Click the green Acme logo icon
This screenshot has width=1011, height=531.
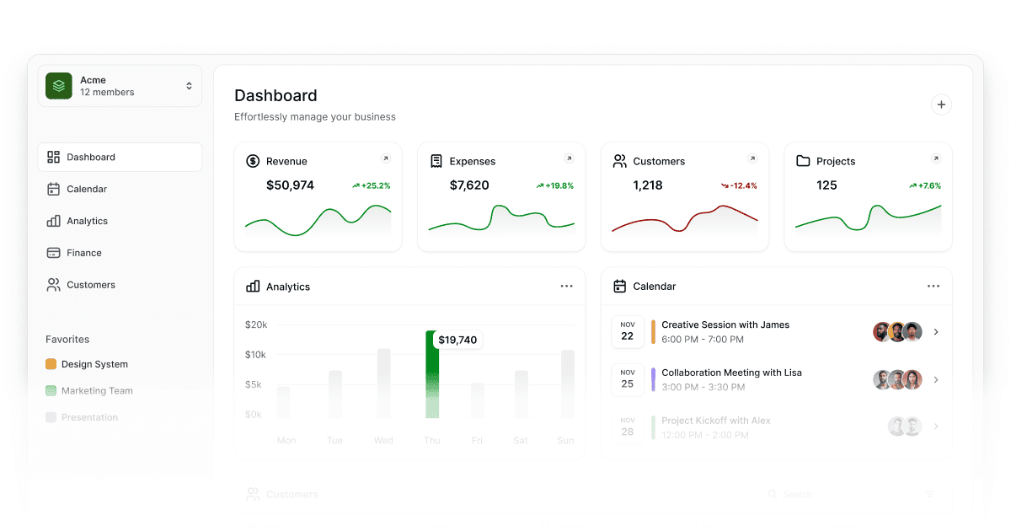click(59, 86)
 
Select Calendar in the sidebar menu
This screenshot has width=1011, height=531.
click(86, 189)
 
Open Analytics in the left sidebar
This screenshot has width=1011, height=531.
click(87, 221)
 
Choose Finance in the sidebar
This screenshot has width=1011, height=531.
click(83, 253)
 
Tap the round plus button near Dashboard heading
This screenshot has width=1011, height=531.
click(941, 105)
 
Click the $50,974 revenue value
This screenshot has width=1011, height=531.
click(290, 185)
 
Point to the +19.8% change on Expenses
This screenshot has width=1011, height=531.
click(554, 185)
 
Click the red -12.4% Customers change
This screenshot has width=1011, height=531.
click(739, 185)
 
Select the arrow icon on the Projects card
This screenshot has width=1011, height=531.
click(935, 158)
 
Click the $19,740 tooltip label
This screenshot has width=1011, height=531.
click(457, 340)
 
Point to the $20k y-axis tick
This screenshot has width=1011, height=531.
click(255, 324)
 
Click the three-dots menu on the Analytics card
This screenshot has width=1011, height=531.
click(566, 287)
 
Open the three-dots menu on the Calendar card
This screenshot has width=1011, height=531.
click(933, 287)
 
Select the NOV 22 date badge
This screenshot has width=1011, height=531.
click(627, 331)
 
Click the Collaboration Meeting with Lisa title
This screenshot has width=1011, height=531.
click(731, 373)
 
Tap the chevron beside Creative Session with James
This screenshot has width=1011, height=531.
click(936, 332)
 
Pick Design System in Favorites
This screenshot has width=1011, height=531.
click(94, 364)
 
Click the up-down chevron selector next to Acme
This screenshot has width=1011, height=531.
click(189, 86)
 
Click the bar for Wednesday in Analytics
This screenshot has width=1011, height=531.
click(383, 383)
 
